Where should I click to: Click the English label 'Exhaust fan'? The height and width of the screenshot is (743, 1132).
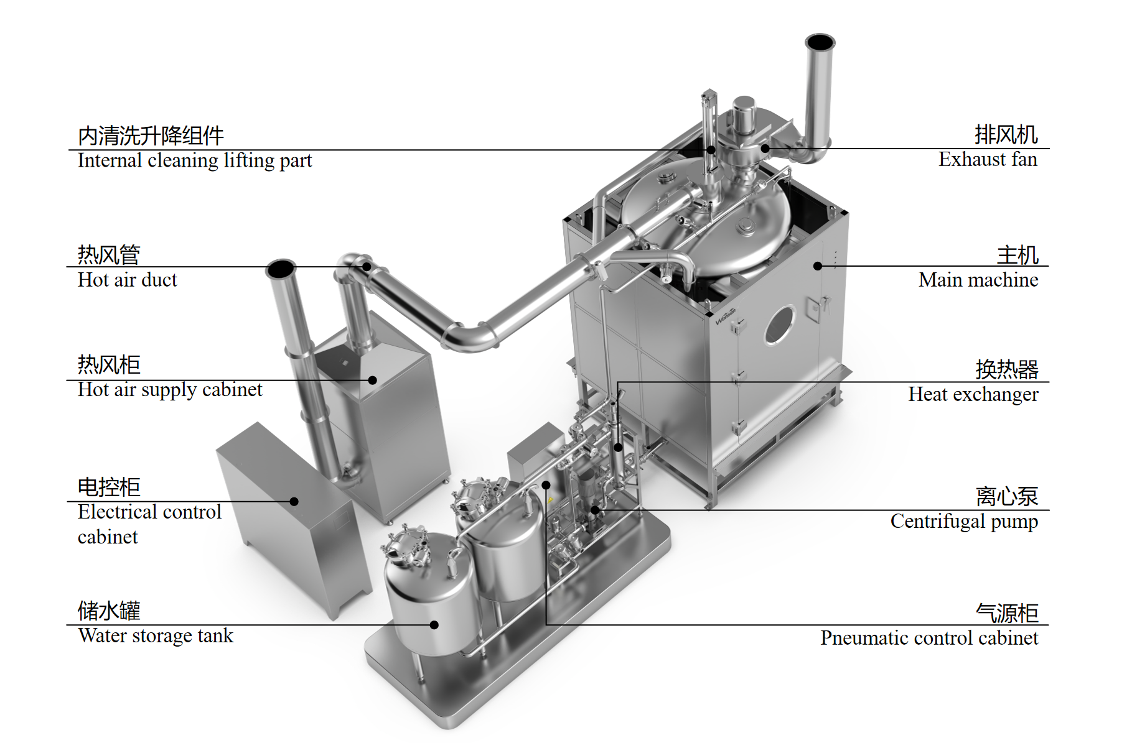tap(988, 160)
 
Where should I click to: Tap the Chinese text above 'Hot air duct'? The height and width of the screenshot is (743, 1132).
tap(109, 255)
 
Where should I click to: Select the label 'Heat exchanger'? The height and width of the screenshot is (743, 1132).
tap(973, 394)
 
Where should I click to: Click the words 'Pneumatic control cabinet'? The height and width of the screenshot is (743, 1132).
tap(929, 638)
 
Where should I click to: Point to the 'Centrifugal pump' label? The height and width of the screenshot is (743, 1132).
tap(963, 521)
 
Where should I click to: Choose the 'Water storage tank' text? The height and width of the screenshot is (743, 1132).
tap(156, 636)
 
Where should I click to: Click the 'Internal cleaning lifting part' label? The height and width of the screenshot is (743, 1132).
tap(195, 160)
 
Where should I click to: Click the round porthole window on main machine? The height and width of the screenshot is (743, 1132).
tap(779, 325)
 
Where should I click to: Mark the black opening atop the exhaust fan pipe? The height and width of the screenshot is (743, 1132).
tap(820, 42)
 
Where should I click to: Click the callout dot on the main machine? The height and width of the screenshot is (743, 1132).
tap(818, 266)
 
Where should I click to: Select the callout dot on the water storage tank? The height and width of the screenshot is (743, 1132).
tap(434, 625)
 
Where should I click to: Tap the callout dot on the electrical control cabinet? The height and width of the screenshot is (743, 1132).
tap(294, 501)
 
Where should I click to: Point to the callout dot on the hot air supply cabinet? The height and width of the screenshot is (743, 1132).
tap(373, 380)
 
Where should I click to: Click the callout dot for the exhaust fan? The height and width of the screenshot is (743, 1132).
tap(765, 149)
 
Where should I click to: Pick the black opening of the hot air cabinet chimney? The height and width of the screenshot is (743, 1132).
tap(281, 269)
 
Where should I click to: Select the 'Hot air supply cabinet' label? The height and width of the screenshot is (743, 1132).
tap(170, 390)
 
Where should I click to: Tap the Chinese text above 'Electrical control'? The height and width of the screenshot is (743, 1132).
tap(109, 487)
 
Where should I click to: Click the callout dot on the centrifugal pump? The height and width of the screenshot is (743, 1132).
tap(595, 510)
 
